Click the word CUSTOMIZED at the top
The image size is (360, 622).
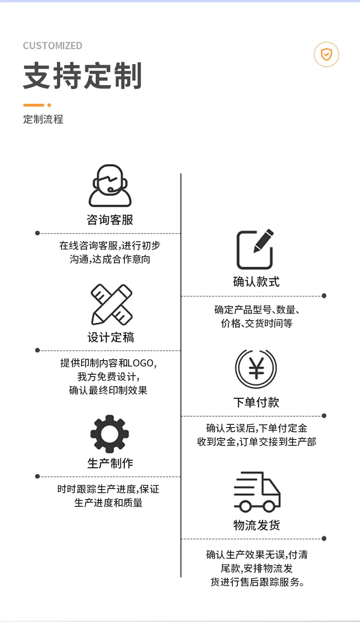[52, 46]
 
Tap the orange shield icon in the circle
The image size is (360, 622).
[326, 55]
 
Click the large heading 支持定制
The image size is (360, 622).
[82, 76]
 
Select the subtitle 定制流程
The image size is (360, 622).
[43, 119]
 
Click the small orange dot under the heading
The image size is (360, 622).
[49, 105]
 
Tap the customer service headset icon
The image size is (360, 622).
[110, 185]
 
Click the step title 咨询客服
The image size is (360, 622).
[110, 219]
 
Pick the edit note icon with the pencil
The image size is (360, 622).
[255, 249]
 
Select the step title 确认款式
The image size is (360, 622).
[256, 281]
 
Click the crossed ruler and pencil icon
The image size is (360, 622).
[112, 304]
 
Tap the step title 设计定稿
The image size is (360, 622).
[111, 337]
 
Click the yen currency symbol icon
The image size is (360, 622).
[256, 368]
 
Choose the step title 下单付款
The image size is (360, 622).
[256, 402]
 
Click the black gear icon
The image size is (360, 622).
[109, 434]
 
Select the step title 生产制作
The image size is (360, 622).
[110, 463]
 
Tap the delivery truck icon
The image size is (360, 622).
[257, 492]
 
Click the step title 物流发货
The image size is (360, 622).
[257, 525]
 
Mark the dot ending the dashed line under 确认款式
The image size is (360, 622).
[324, 296]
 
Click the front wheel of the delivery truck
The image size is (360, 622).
[269, 506]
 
